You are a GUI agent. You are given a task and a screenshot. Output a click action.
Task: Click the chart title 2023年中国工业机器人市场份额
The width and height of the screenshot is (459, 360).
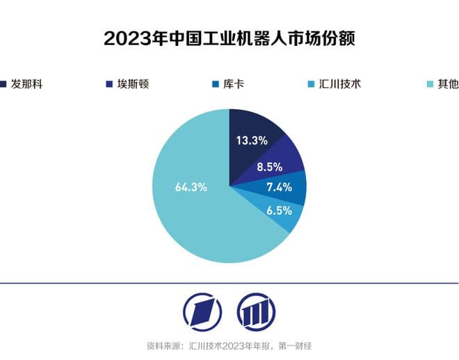(229, 38)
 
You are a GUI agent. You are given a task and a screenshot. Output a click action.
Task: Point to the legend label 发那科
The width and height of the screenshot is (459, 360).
(31, 85)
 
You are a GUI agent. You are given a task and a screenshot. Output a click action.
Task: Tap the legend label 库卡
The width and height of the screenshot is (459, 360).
(235, 85)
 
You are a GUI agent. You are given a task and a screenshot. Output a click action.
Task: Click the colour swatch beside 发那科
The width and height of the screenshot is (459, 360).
(4, 85)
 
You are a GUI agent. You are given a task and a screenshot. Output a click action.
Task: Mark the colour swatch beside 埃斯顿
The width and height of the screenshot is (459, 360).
(108, 85)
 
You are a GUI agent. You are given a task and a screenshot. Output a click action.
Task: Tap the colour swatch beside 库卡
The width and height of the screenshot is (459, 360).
(214, 85)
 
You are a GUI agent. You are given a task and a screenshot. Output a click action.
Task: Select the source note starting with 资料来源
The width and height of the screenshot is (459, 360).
(229, 345)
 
